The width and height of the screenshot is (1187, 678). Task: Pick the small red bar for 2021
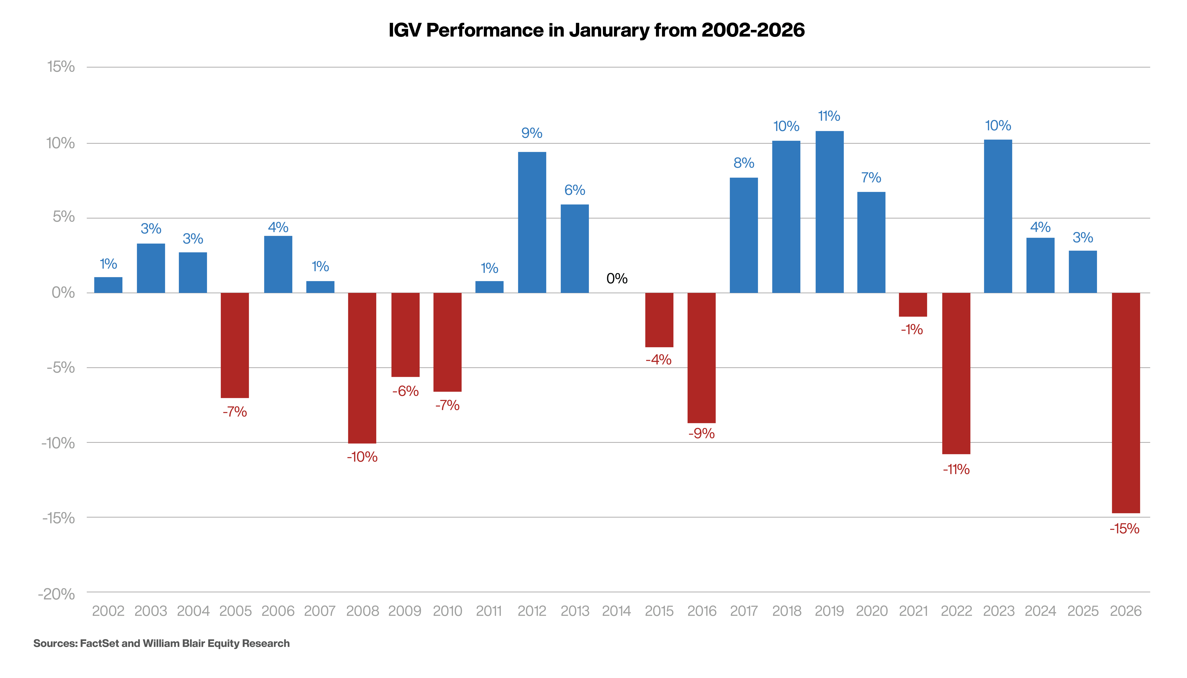[x=913, y=305]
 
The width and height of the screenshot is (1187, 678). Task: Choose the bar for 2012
[x=532, y=222]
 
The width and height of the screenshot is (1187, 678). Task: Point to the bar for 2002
[x=108, y=285]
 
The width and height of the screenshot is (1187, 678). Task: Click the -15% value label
[x=1124, y=529]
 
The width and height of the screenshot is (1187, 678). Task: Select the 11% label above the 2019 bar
[x=829, y=116]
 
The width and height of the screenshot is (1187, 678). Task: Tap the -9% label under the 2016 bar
[x=701, y=434]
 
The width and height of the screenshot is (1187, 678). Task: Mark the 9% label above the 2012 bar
[x=531, y=133]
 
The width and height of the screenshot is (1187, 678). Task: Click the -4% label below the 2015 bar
[x=658, y=359]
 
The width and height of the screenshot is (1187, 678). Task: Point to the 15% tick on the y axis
[x=61, y=67]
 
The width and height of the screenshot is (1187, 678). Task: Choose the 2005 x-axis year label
[x=235, y=611]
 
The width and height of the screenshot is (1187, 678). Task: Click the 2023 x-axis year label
[x=998, y=611]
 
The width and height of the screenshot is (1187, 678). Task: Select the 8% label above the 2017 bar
[x=744, y=163]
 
